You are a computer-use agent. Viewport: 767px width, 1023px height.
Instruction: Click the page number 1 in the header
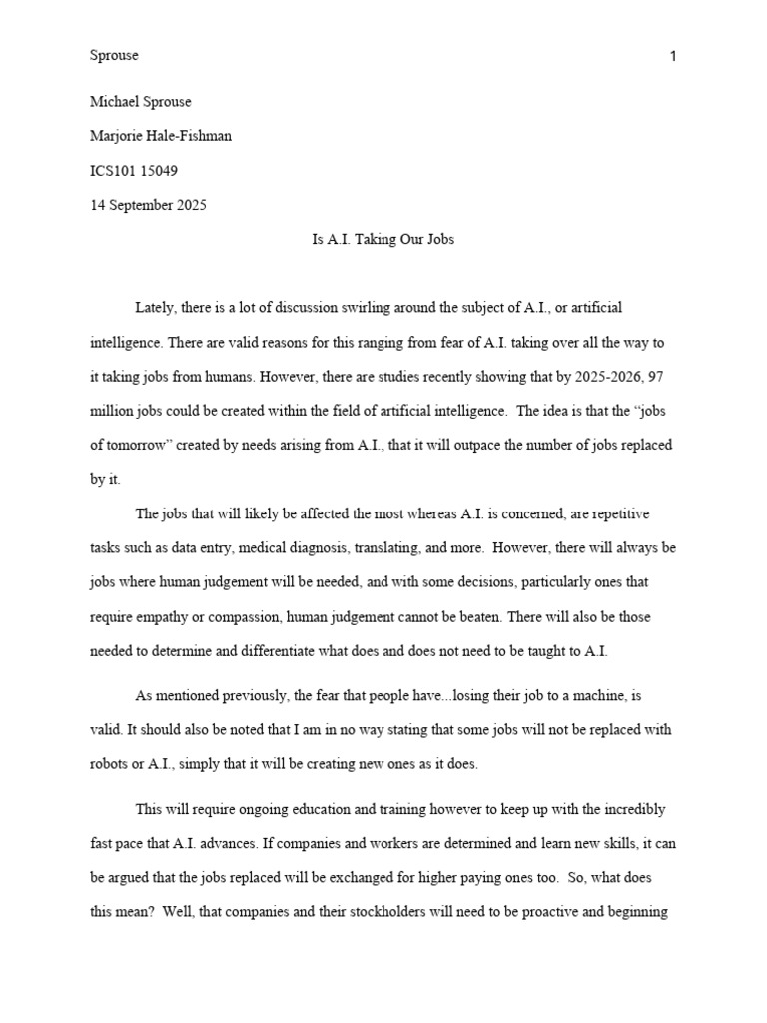673,56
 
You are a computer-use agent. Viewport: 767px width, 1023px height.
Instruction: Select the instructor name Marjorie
118,136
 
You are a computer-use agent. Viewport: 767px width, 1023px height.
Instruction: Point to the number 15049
160,171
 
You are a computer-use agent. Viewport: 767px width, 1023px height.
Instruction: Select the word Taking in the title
376,240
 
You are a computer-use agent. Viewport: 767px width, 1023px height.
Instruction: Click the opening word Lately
155,308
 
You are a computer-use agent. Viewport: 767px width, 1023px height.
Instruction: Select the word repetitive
616,513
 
